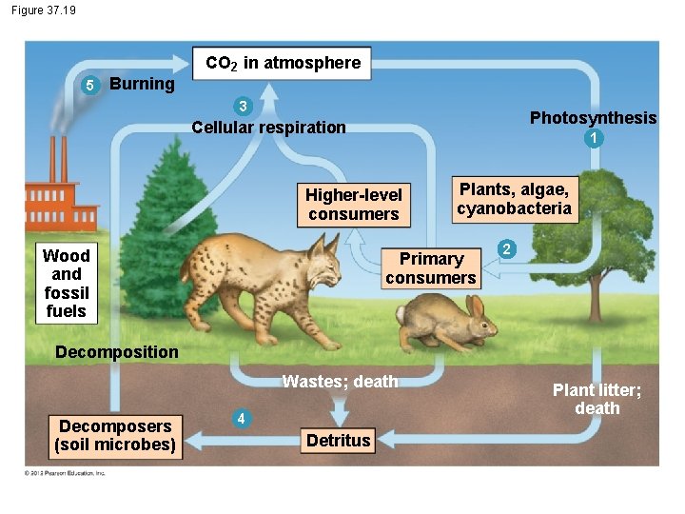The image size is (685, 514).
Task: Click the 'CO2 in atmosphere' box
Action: pyautogui.click(x=283, y=64)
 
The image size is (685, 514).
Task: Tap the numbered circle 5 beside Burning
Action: pyautogui.click(x=88, y=86)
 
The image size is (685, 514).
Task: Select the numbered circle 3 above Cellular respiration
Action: pyautogui.click(x=244, y=106)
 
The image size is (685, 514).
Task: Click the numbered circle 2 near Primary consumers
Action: pyautogui.click(x=508, y=249)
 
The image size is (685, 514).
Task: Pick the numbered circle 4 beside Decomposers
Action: pyautogui.click(x=243, y=419)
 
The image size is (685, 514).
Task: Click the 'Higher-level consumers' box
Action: pyautogui.click(x=354, y=204)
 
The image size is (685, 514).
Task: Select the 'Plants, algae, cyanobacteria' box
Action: pyautogui.click(x=514, y=198)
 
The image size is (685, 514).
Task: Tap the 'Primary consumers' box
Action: pyautogui.click(x=431, y=268)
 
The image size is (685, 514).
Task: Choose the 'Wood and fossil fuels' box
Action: pyautogui.click(x=66, y=283)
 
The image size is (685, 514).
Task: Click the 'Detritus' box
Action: pyautogui.click(x=338, y=440)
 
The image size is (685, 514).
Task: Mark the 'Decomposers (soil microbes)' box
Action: pyautogui.click(x=115, y=435)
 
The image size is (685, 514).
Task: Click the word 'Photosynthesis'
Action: pyautogui.click(x=593, y=118)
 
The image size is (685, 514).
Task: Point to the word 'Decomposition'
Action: pyautogui.click(x=116, y=352)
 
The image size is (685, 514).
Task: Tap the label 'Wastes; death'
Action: pyautogui.click(x=340, y=382)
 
